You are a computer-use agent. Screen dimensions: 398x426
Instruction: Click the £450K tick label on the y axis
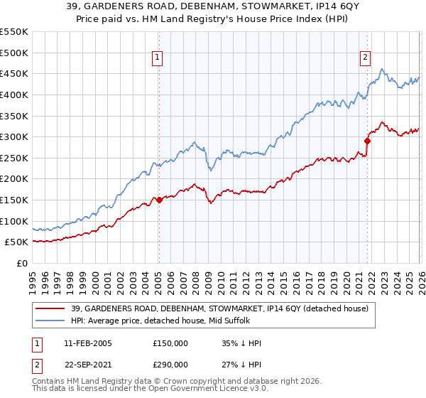[14, 73]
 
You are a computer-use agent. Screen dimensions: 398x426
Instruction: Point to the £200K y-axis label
[14, 178]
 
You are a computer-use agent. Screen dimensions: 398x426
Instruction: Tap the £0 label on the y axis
[21, 263]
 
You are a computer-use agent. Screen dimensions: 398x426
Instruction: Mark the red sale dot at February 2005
[159, 200]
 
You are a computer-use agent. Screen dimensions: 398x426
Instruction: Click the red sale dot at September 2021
[367, 141]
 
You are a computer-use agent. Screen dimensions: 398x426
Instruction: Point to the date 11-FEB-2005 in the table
[88, 343]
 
